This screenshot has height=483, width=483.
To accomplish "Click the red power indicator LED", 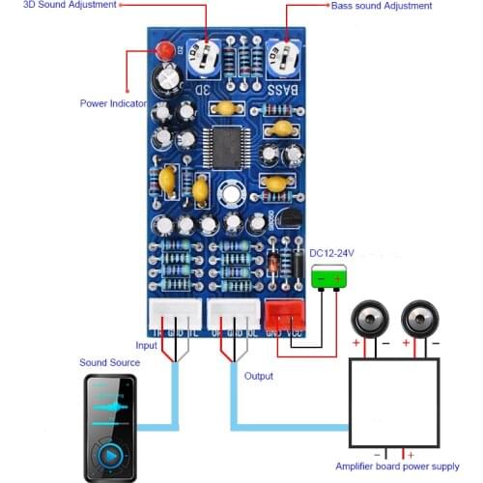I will coord(166,49).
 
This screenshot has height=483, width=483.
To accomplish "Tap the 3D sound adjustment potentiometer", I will coord(203,54).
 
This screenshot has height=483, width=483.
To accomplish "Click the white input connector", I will coord(175,312).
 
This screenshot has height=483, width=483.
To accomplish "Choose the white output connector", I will coord(234,312).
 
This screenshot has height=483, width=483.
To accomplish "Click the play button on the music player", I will coord(109,454).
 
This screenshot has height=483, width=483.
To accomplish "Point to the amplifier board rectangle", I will coord(393,403).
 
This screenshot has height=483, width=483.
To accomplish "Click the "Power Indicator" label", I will coord(112,103).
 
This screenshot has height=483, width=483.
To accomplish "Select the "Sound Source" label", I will coord(109,362).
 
